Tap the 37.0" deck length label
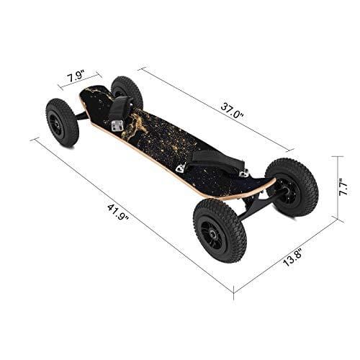[232, 110]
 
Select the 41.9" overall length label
[118, 212]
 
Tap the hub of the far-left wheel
[58, 125]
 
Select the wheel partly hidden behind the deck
[127, 92]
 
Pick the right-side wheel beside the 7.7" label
[292, 187]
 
